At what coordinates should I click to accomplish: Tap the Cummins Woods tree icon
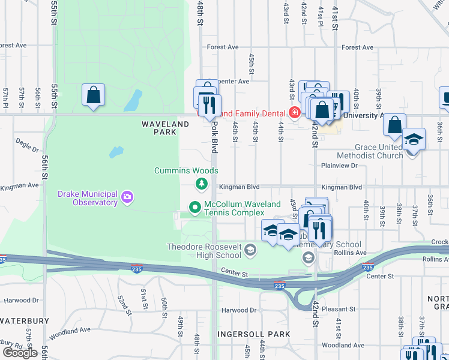coord(202,183)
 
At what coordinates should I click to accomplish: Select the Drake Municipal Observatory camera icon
coord(127,197)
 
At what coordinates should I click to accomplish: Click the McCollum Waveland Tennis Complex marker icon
coord(194,208)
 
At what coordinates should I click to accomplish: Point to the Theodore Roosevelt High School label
coord(203,251)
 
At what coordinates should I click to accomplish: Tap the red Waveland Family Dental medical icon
coord(295,112)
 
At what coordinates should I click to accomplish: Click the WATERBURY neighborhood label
coord(24,321)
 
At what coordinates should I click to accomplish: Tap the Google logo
coord(20,353)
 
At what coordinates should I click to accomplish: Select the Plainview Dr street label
coord(339,165)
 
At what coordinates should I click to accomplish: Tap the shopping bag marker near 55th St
coord(94,95)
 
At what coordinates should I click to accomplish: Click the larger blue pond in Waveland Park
coord(133,101)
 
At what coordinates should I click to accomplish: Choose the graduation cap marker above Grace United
coord(414,139)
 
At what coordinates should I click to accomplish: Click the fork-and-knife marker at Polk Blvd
coord(209,105)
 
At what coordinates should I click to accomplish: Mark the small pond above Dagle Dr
coord(116,151)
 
